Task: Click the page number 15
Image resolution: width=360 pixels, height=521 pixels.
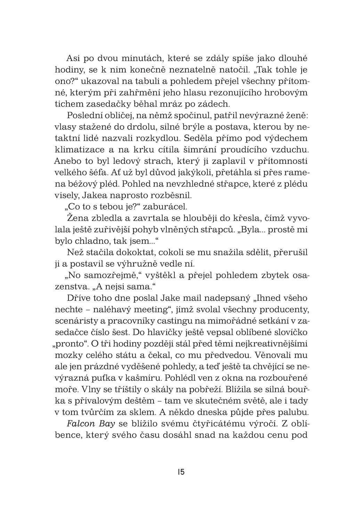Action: pyautogui.click(x=181, y=472)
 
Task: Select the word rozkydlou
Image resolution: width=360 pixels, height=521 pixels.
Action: pyautogui.click(x=161, y=138)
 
